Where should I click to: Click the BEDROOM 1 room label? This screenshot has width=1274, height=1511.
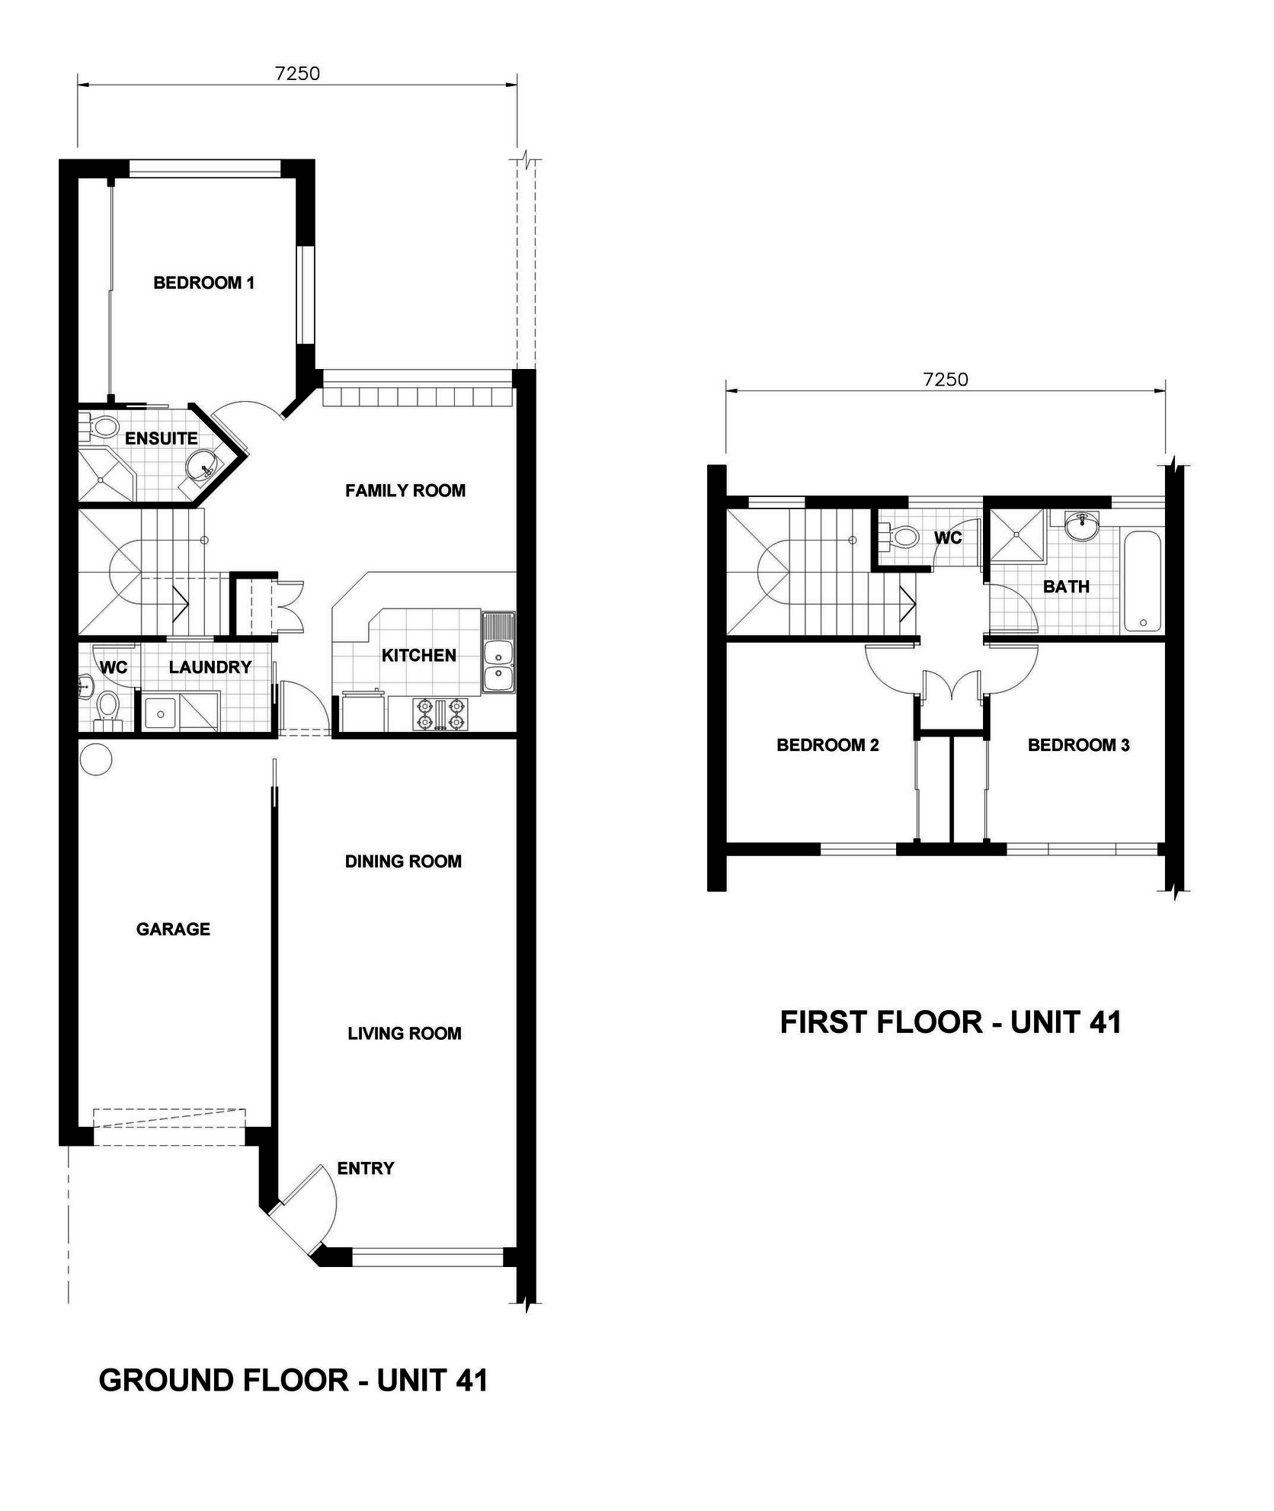point(203,283)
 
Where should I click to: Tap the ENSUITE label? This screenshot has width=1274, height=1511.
point(161,438)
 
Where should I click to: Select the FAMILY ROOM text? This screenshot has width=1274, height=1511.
point(405,490)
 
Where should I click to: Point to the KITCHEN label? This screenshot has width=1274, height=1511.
point(418,655)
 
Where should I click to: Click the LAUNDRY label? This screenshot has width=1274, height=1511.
point(210,667)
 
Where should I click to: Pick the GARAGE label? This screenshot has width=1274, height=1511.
point(173,929)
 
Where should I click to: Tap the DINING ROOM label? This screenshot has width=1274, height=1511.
point(403,861)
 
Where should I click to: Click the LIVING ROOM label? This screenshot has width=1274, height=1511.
point(405,1034)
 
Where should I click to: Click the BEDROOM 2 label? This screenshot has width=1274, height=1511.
point(827,745)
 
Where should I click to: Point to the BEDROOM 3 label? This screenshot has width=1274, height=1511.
point(1078,745)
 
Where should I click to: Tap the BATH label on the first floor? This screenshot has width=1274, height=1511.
point(1066,586)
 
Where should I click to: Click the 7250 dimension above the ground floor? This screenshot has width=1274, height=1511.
point(297,73)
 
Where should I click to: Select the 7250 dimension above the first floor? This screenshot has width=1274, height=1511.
point(946,379)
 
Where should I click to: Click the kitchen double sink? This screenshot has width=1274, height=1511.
point(499,653)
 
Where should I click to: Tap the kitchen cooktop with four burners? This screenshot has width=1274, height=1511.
point(439,714)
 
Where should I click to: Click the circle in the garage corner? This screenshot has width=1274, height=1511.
point(96,759)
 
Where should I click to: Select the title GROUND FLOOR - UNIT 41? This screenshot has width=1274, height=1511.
point(293,1381)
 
